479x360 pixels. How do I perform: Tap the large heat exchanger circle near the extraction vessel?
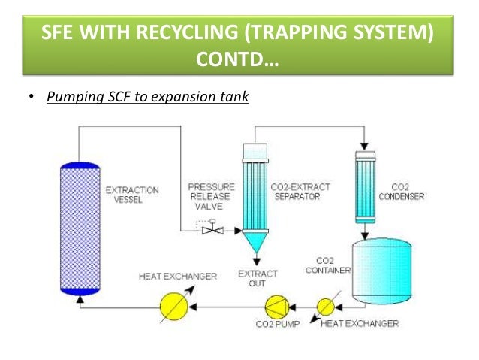pos(172,307)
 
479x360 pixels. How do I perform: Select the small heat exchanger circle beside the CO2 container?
pos(326,307)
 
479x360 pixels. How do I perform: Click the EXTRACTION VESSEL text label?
pos(131,195)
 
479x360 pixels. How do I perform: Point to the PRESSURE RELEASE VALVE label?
pos(211,197)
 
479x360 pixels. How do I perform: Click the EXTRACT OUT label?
pos(257,278)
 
